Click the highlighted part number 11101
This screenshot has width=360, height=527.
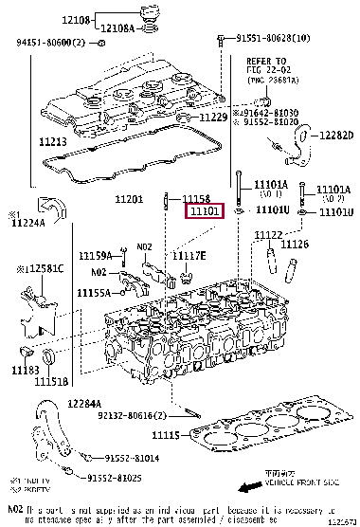[204, 213]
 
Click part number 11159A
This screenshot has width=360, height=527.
[95, 255]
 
